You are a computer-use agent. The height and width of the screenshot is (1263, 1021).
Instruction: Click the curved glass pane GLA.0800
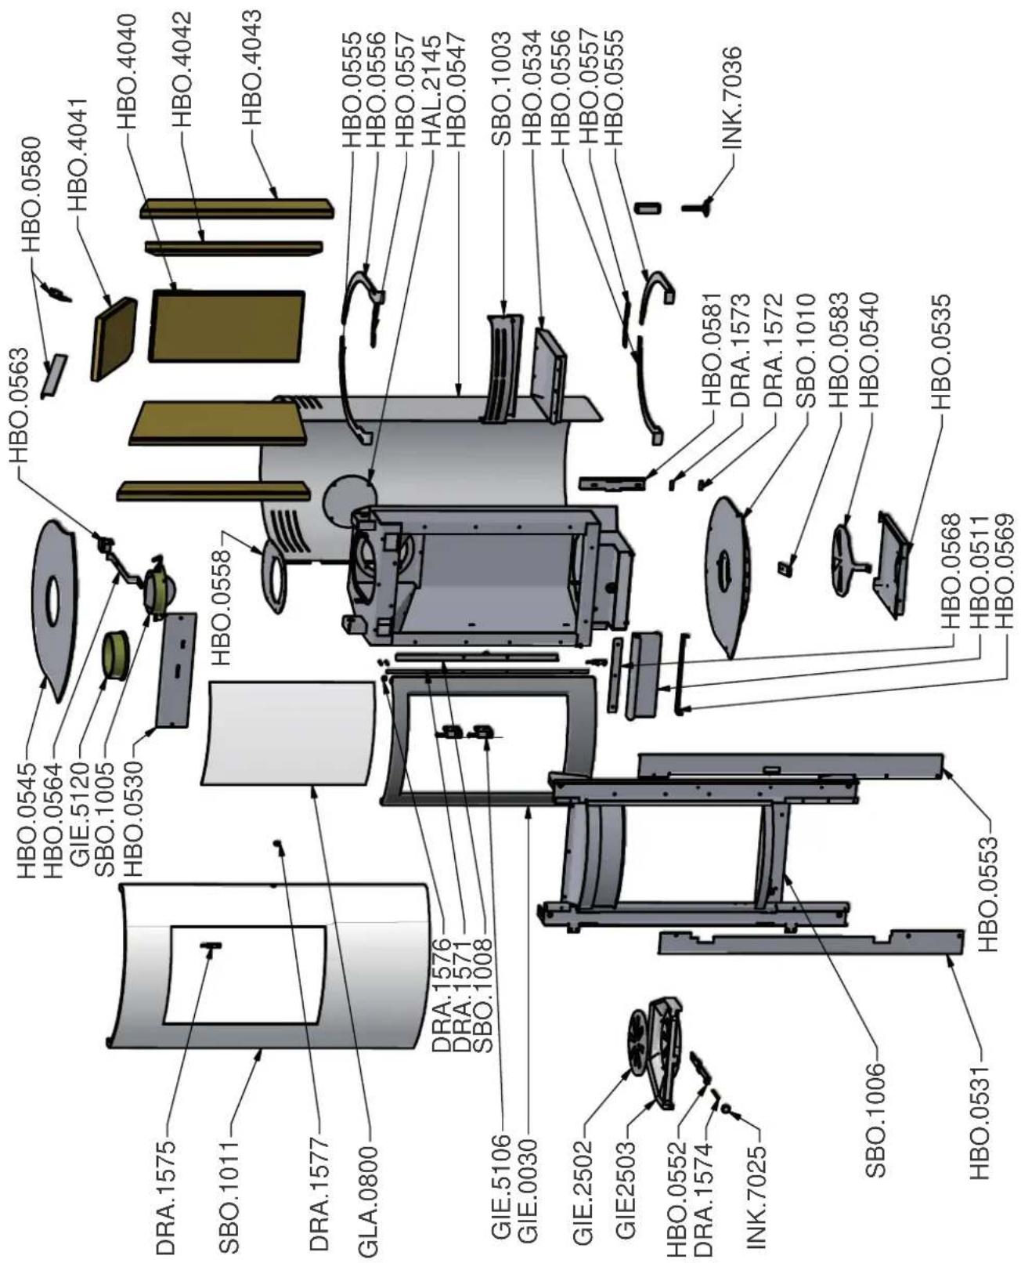tap(290, 733)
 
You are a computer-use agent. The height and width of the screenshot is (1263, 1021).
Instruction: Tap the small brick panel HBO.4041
tap(114, 337)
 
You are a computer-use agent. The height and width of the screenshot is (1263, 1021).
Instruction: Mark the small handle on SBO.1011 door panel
tap(211, 946)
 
